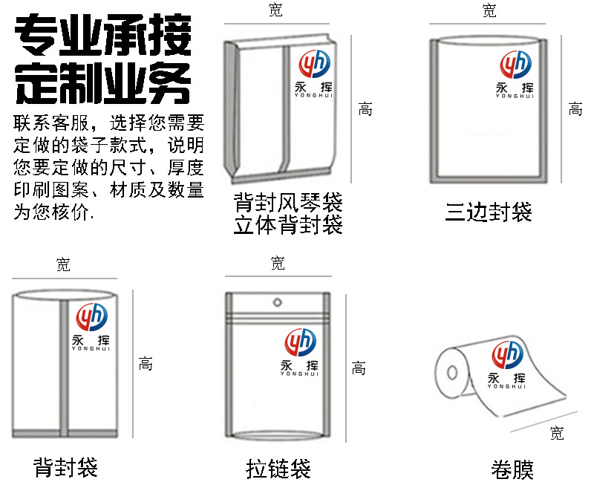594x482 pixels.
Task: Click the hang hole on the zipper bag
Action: click(x=278, y=302)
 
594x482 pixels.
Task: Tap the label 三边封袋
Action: click(x=489, y=212)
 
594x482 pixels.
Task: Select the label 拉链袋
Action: click(x=278, y=469)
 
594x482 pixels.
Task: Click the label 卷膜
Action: click(x=512, y=469)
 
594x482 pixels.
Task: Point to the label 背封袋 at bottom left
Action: click(x=65, y=467)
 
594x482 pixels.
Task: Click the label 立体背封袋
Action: click(x=288, y=225)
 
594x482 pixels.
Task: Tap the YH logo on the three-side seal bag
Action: click(x=515, y=65)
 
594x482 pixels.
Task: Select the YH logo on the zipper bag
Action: click(x=300, y=342)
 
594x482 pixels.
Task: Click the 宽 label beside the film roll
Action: click(x=557, y=434)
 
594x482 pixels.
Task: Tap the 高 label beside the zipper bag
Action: click(x=359, y=368)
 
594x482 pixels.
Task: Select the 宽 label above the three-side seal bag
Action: click(x=489, y=10)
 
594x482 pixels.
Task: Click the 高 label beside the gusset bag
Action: click(x=365, y=109)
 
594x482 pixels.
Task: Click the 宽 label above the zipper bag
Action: click(x=277, y=263)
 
